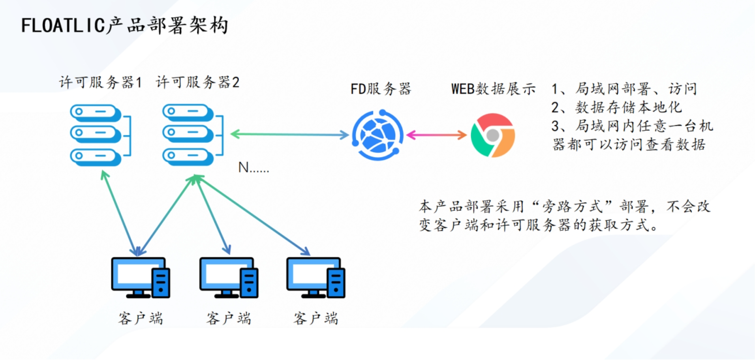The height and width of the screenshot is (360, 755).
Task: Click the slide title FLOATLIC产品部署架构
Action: click(x=124, y=26)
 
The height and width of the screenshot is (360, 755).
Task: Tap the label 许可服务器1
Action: click(x=100, y=82)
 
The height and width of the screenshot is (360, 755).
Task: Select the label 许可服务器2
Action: click(x=197, y=82)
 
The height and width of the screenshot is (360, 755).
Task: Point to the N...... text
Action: click(x=254, y=168)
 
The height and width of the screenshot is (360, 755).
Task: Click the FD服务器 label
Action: click(x=381, y=89)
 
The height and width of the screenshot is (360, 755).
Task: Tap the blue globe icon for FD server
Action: click(x=377, y=135)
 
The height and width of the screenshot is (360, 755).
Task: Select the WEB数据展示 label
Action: click(x=493, y=89)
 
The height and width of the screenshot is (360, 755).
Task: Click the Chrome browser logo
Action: click(x=493, y=135)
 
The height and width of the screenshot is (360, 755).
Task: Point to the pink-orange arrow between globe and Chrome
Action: click(x=436, y=135)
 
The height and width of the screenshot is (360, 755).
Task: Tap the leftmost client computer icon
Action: click(x=141, y=277)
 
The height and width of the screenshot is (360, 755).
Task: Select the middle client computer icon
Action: click(x=229, y=277)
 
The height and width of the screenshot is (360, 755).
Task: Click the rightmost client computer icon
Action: click(x=316, y=277)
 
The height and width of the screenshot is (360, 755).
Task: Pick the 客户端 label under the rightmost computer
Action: click(x=316, y=318)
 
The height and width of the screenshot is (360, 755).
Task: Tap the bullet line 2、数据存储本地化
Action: click(x=616, y=107)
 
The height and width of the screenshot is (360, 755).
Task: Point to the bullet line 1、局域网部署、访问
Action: click(x=624, y=89)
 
